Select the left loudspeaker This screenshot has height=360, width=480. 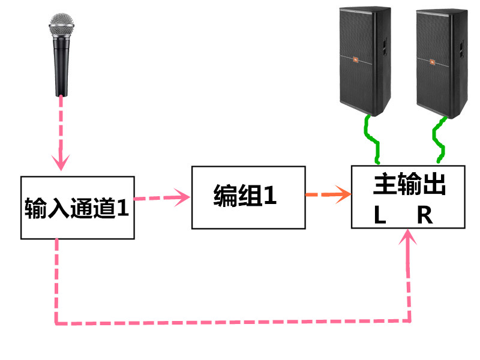coord(364,60)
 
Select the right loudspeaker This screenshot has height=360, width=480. coord(440,60)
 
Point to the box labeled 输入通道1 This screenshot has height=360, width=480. coord(77,207)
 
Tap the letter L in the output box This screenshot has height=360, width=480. coord(379,215)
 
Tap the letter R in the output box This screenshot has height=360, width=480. coord(425,215)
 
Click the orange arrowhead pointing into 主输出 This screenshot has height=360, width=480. coord(344,194)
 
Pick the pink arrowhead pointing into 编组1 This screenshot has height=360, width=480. coord(183,196)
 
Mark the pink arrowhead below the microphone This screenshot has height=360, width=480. coord(61,162)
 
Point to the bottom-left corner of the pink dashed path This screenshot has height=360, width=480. coord(57,323)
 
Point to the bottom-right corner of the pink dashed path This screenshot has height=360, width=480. coord(411,322)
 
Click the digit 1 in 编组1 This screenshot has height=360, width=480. coord(270,196)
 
